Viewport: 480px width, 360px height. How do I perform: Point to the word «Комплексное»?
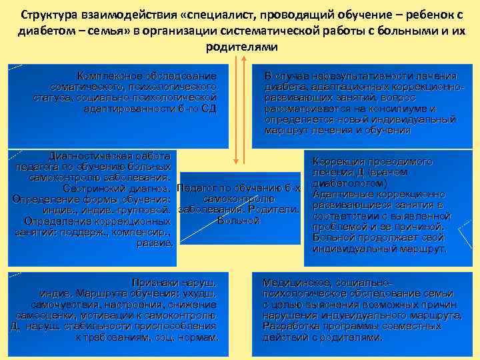click(x=109, y=75)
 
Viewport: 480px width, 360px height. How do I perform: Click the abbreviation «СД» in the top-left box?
click(x=209, y=108)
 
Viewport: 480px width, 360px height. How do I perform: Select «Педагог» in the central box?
click(x=200, y=188)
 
